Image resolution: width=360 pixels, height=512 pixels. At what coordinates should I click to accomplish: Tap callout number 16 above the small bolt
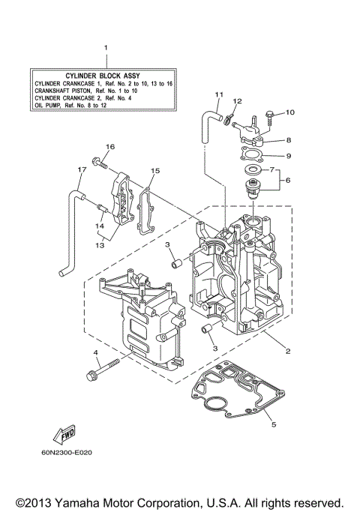109,146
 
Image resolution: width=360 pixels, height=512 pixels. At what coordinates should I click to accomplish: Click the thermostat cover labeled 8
250,135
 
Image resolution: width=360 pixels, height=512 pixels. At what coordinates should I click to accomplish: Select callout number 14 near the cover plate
98,224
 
